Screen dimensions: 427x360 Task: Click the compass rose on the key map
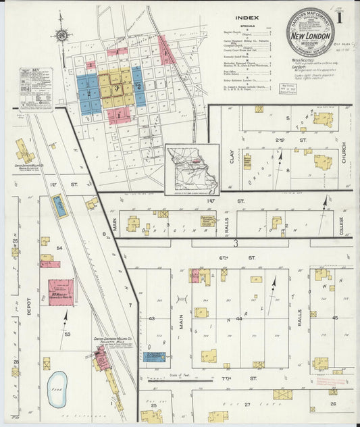[x=62, y=35]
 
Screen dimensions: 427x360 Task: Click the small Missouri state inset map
[x=192, y=169]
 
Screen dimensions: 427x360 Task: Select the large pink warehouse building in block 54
[x=61, y=293]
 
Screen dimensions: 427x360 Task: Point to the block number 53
[x=68, y=334]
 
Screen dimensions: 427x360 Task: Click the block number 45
[x=334, y=318]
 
